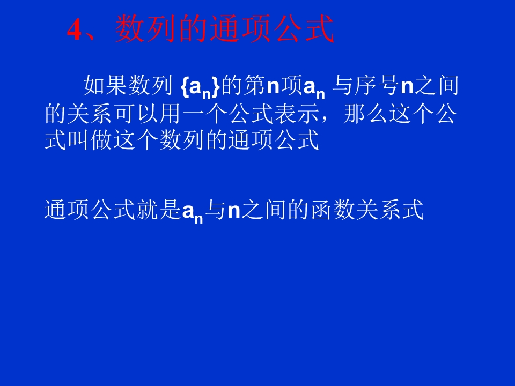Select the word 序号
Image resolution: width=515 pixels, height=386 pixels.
(x=378, y=86)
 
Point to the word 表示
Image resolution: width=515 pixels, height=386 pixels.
(x=310, y=115)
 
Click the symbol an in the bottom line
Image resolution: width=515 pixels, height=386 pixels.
(x=193, y=212)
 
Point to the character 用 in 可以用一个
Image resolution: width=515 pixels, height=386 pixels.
(x=196, y=115)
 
